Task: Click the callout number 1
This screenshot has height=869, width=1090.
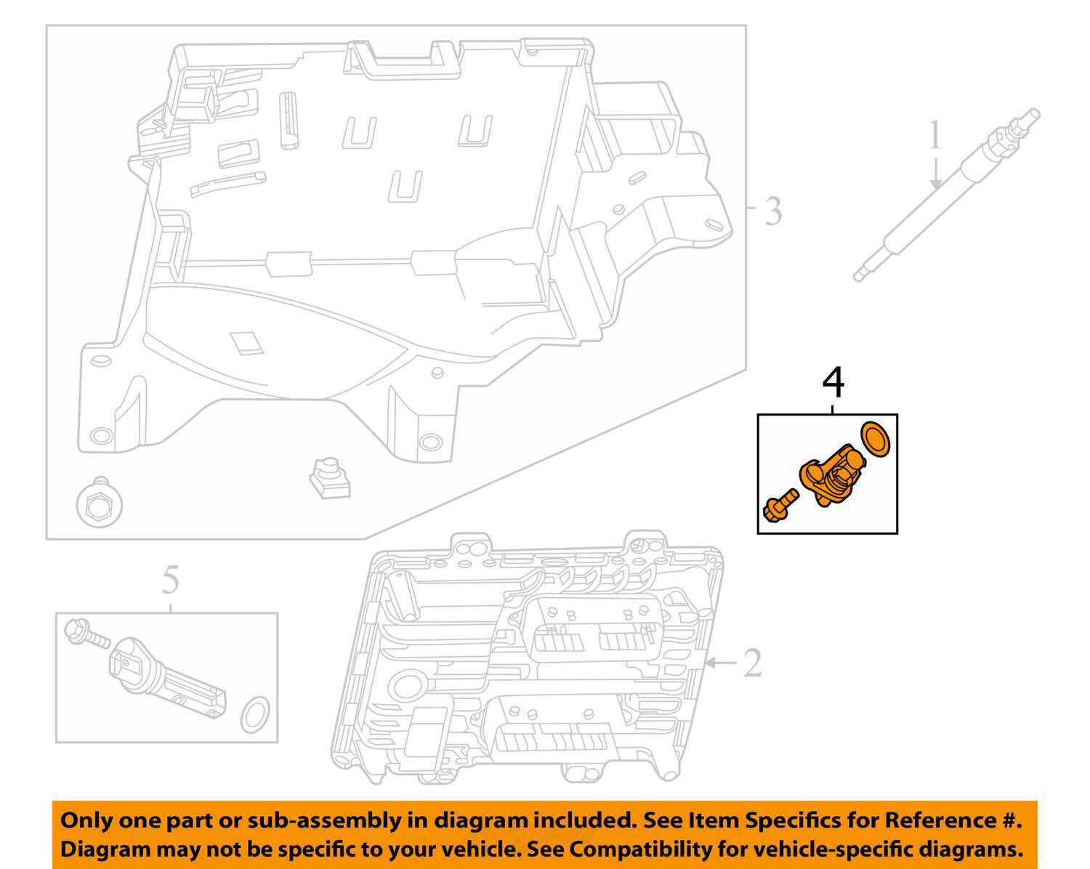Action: click(x=935, y=137)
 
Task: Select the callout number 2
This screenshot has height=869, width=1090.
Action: click(x=753, y=662)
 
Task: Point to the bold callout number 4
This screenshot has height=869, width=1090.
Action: click(x=833, y=382)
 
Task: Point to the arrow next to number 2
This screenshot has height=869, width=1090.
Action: click(x=719, y=662)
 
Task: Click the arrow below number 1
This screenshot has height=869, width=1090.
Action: click(x=937, y=174)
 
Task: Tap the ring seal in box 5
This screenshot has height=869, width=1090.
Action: click(x=255, y=715)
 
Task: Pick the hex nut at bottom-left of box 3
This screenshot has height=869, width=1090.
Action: click(x=97, y=502)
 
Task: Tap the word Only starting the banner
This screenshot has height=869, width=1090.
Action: click(x=86, y=820)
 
